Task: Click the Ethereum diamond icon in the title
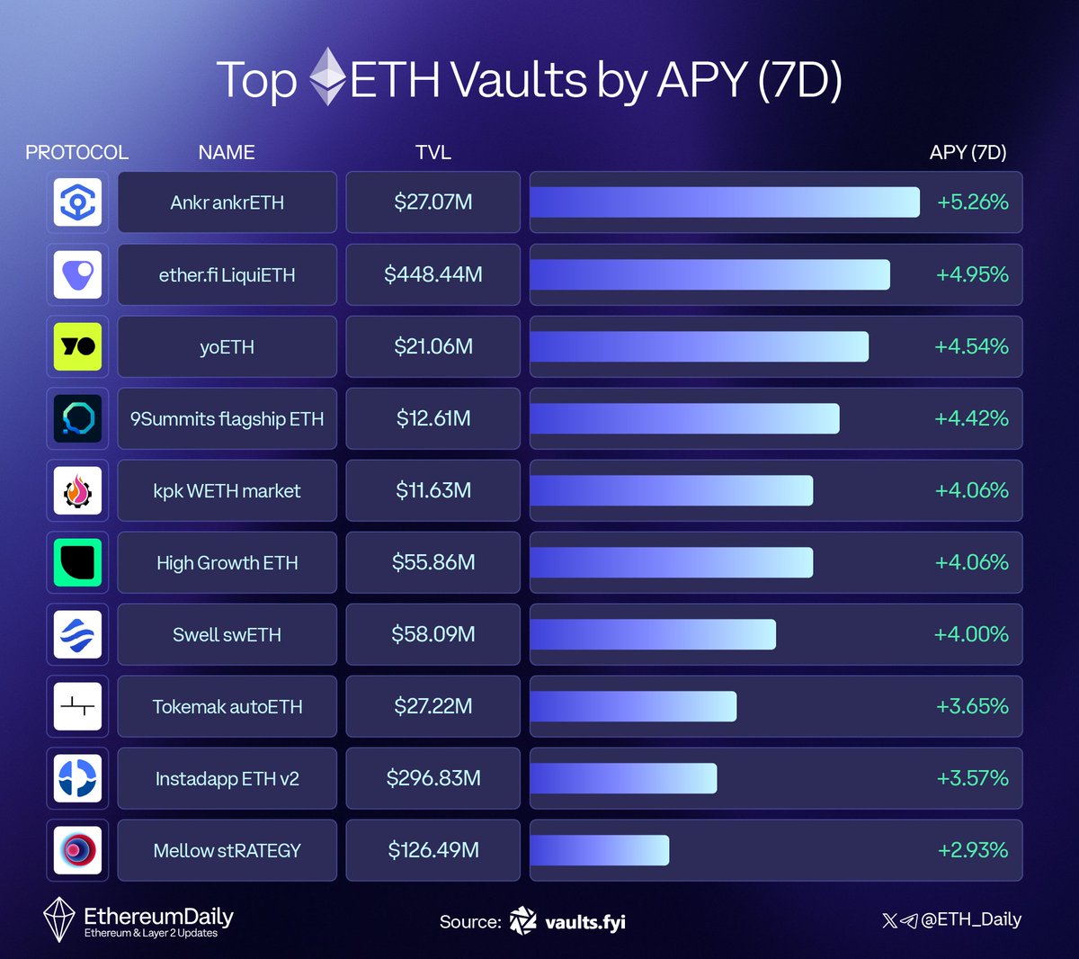(x=327, y=77)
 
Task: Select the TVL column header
(x=433, y=153)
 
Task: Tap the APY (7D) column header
(x=968, y=153)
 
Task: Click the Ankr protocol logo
(x=77, y=202)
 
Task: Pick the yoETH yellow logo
(x=77, y=346)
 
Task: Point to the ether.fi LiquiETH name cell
(x=227, y=275)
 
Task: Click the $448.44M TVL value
(x=433, y=274)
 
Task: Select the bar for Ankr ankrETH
(x=724, y=202)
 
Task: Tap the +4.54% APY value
(x=971, y=346)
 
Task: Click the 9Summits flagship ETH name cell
(x=227, y=419)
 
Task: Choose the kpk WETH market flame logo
(x=77, y=490)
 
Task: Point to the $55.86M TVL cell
(x=433, y=562)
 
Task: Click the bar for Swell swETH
(x=653, y=634)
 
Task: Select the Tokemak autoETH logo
(x=77, y=706)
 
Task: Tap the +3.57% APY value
(x=972, y=778)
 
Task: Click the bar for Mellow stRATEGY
(x=599, y=850)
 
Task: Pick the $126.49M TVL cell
(x=433, y=850)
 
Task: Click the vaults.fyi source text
(x=584, y=922)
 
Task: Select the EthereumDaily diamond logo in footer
(x=59, y=919)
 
